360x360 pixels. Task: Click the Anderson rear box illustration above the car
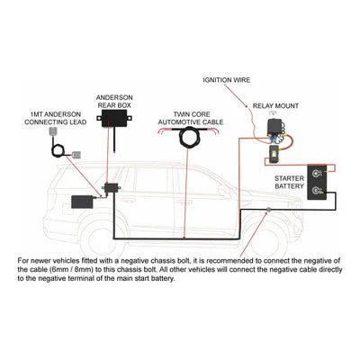tap(119, 124)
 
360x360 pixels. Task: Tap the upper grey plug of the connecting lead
tap(55, 132)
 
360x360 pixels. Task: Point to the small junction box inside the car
tap(112, 189)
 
